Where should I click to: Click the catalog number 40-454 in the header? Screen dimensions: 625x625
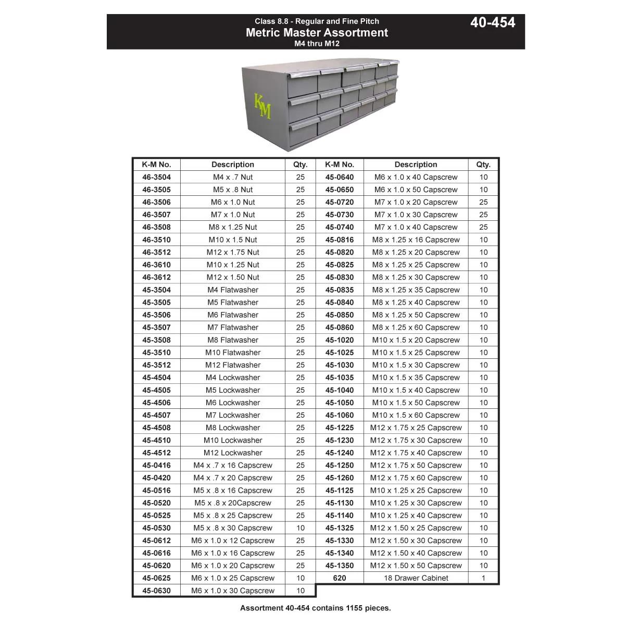point(492,22)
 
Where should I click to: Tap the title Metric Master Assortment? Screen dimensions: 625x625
point(317,32)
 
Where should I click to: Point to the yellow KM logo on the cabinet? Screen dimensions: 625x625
point(262,106)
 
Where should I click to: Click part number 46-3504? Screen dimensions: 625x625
point(156,177)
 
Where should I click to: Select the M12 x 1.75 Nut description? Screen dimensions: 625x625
point(233,252)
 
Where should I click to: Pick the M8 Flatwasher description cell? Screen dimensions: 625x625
point(233,340)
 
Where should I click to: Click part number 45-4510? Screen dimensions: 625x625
point(156,440)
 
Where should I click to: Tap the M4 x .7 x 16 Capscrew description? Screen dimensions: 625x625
point(233,465)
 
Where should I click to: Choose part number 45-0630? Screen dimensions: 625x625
point(156,591)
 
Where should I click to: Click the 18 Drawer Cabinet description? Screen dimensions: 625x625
point(416,578)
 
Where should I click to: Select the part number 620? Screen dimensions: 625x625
point(340,578)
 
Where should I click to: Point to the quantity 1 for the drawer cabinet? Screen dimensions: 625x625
point(483,578)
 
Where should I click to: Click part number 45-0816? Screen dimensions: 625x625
point(340,240)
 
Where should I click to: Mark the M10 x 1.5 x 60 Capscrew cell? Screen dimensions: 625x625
point(416,415)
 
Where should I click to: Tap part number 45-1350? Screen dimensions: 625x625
point(340,566)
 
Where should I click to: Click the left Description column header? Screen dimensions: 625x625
point(233,165)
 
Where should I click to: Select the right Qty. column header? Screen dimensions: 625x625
point(483,165)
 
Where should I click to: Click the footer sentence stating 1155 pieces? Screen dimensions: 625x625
point(315,608)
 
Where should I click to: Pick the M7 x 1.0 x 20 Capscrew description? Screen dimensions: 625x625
point(416,202)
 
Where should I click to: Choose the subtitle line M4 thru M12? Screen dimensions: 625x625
point(317,44)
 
